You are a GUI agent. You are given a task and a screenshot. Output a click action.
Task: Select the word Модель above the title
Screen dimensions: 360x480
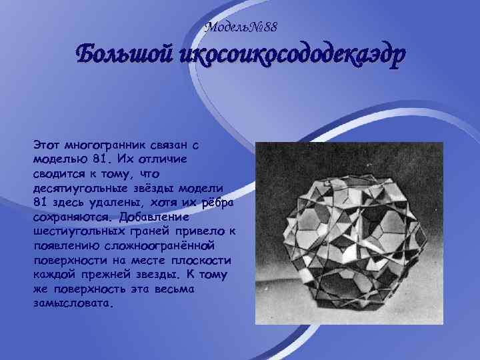228,27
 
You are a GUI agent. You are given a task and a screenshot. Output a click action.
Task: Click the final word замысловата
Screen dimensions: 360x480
72,303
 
